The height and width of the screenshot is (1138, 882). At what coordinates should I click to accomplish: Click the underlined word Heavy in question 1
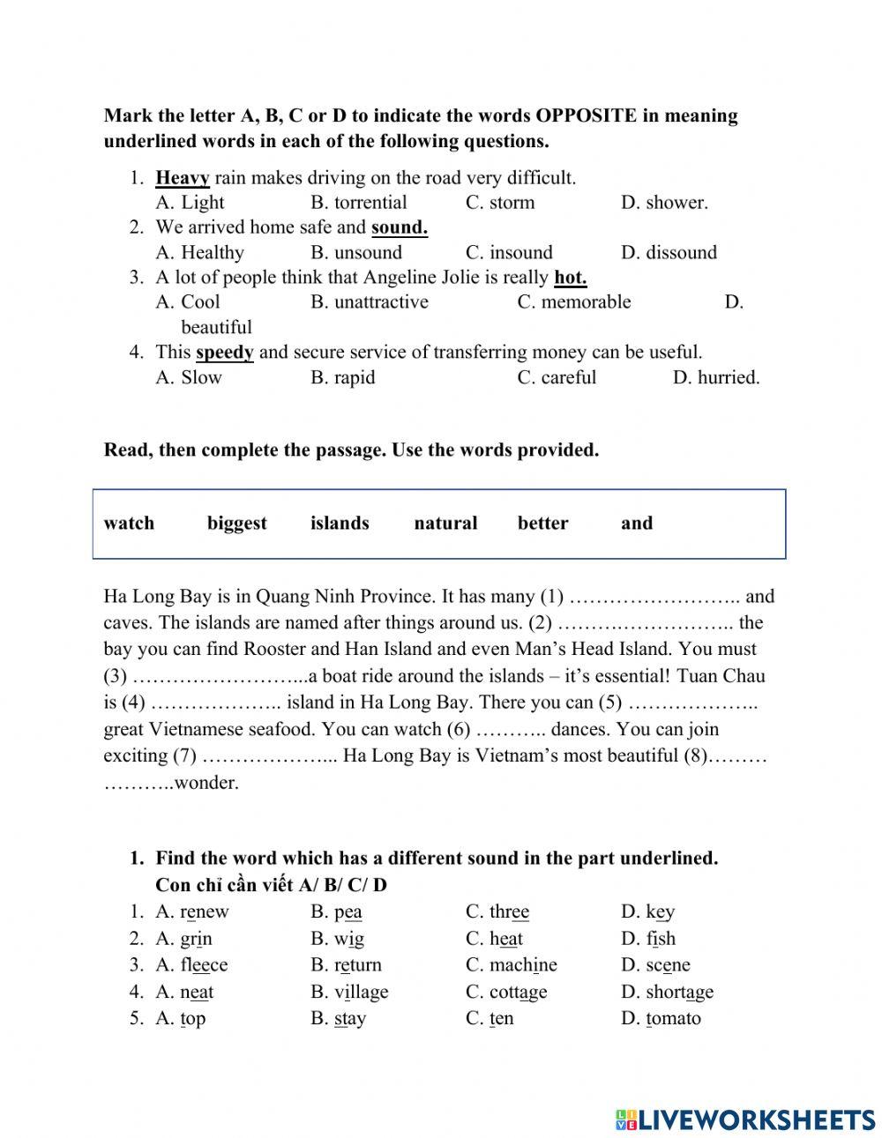tap(183, 178)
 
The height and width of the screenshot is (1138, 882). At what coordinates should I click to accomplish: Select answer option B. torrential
tap(358, 203)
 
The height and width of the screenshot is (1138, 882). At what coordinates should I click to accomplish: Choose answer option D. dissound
tap(669, 253)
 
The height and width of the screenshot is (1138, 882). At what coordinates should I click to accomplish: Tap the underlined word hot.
tap(570, 278)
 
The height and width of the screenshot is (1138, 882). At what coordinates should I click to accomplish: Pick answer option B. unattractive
tap(369, 302)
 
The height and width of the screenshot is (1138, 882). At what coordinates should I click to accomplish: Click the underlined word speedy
tap(224, 353)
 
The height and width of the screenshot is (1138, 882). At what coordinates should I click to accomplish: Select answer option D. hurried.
tap(715, 378)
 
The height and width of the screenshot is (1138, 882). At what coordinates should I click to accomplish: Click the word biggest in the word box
tap(236, 524)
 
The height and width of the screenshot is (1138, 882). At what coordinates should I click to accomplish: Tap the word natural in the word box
tap(445, 524)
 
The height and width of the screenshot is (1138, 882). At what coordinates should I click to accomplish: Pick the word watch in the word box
tap(129, 524)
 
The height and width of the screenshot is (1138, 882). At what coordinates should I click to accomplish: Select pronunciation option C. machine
tap(511, 965)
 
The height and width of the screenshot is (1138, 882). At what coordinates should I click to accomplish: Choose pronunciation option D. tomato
tap(661, 1019)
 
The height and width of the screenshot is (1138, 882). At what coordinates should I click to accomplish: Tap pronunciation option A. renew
tap(191, 912)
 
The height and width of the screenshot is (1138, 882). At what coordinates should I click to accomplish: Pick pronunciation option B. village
tap(349, 993)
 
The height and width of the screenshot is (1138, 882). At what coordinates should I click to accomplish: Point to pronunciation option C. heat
tap(494, 939)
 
